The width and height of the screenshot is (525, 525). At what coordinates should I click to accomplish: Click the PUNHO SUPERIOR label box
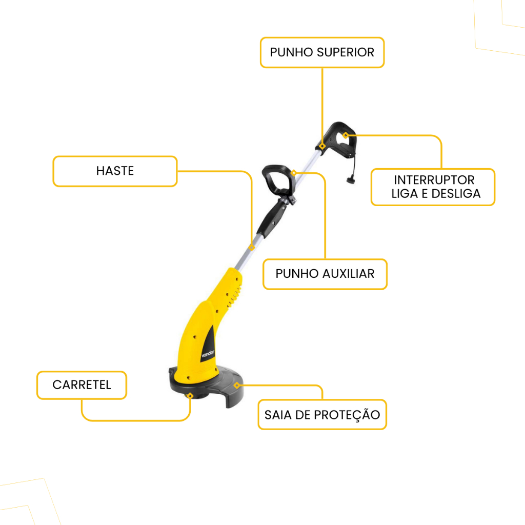click(x=322, y=52)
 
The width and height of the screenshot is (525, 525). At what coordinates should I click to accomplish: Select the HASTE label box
click(x=115, y=171)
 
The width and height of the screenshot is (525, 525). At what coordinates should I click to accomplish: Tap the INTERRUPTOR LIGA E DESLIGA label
click(x=433, y=187)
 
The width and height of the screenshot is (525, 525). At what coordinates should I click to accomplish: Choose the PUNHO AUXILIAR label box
click(x=325, y=274)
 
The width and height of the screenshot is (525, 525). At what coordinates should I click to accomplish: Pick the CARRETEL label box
click(x=82, y=385)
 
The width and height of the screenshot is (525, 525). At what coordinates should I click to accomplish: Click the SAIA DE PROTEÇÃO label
click(x=322, y=414)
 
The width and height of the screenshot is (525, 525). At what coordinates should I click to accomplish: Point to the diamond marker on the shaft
click(x=252, y=247)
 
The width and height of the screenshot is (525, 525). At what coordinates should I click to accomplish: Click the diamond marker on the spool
click(x=190, y=395)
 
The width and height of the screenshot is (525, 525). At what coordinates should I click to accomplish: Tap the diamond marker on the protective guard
click(x=236, y=385)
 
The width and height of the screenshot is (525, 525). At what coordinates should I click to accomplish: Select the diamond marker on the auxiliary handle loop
click(x=294, y=173)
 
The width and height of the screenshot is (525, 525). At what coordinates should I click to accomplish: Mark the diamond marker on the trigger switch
click(x=346, y=135)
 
